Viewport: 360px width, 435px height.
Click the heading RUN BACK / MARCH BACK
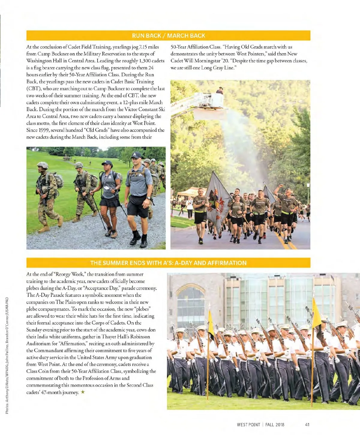point(168,36)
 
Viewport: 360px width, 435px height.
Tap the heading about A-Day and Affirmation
point(168,263)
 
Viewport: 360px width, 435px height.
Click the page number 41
point(307,424)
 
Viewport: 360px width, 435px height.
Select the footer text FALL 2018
point(275,424)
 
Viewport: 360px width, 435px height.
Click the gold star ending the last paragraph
point(83,392)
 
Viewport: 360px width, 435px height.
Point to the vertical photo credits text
point(7,355)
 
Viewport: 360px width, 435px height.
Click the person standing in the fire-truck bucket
point(220,91)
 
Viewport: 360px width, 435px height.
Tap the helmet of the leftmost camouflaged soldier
point(43,165)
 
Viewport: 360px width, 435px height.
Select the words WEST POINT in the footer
point(248,424)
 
